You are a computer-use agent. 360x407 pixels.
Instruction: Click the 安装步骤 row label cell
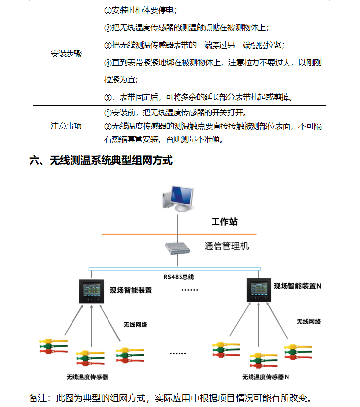click(66, 54)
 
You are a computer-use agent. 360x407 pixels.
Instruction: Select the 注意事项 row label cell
click(66, 126)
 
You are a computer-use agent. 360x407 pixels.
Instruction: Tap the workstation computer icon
click(178, 199)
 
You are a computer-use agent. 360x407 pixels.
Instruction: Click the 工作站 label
click(224, 222)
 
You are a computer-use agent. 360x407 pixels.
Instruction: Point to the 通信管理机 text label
click(226, 246)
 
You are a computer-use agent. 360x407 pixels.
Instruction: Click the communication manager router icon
click(178, 248)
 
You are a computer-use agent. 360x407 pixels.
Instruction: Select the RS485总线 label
click(179, 277)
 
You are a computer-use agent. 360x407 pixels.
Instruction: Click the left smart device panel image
click(91, 291)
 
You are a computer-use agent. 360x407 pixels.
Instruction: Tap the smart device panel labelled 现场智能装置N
click(259, 290)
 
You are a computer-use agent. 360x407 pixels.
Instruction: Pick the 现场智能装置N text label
click(297, 286)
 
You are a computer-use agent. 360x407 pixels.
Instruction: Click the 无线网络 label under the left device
click(135, 325)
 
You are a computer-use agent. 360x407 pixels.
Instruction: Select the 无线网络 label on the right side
click(309, 322)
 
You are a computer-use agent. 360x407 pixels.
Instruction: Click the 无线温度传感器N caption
click(265, 377)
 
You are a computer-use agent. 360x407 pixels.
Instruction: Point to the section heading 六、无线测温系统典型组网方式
click(101, 160)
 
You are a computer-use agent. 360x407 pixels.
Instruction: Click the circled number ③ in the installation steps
click(108, 46)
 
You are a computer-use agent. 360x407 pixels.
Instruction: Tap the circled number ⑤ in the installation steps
click(108, 98)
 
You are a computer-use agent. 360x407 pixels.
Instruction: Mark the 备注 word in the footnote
click(38, 398)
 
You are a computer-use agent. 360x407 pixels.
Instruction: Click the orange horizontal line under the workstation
click(179, 234)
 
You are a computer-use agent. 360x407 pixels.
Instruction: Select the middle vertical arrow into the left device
click(91, 326)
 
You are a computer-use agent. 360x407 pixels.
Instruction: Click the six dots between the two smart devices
click(190, 290)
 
